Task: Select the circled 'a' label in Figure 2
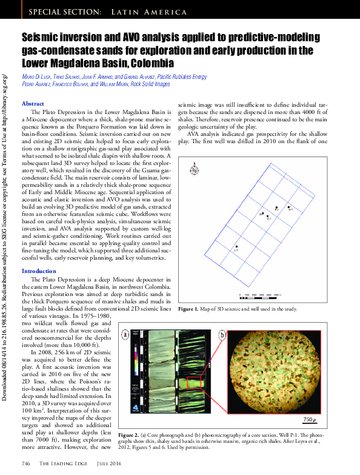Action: coord(125,334)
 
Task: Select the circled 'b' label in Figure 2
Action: coord(222,334)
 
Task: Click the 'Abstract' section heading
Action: coord(33,104)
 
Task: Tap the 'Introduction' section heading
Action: coord(39,271)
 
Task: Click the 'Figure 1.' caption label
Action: coord(189,309)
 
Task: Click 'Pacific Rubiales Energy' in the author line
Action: coord(182,77)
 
